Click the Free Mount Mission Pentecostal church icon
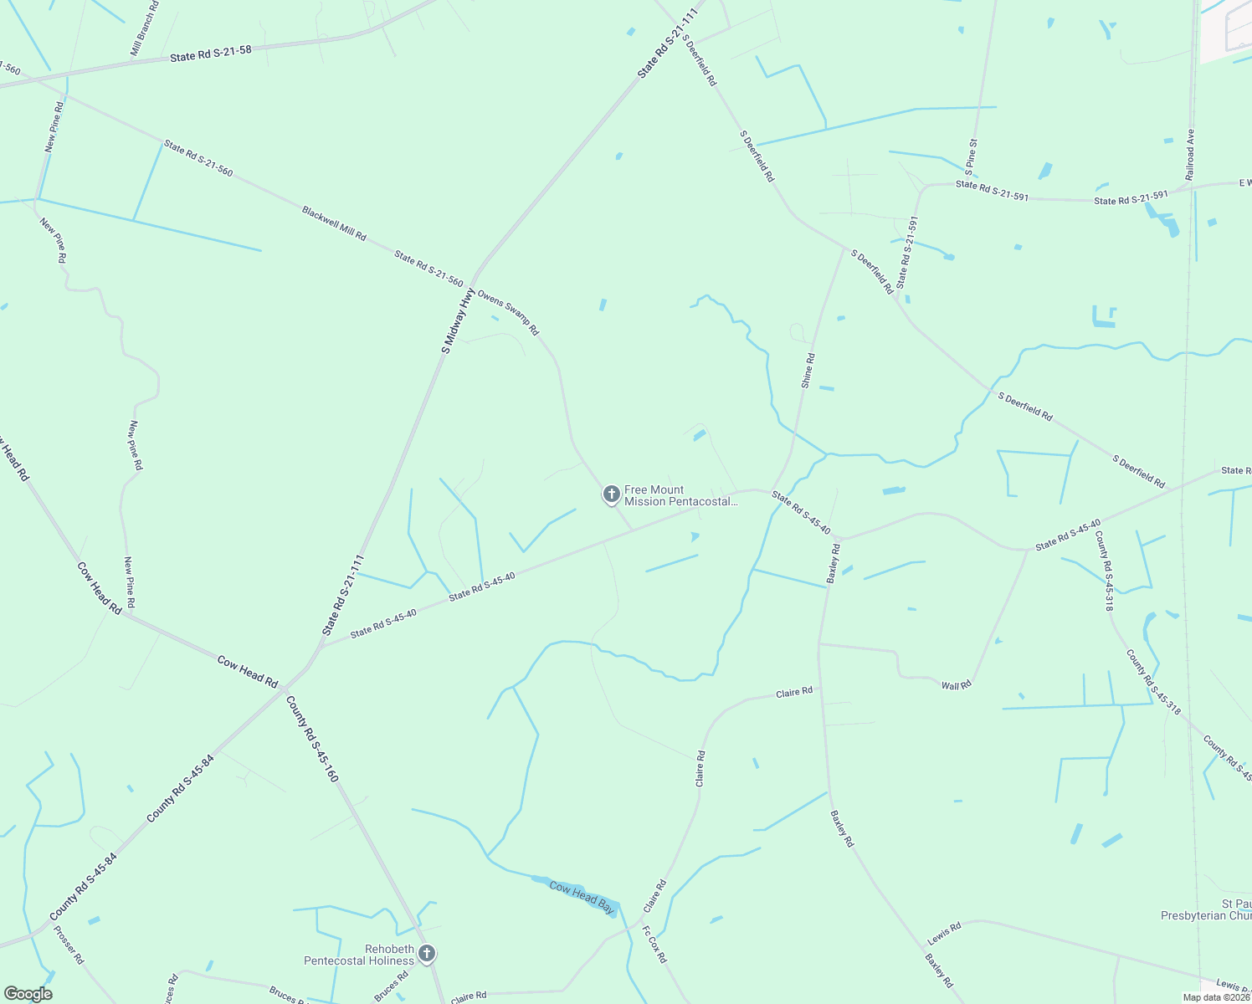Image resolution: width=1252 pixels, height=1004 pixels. click(612, 494)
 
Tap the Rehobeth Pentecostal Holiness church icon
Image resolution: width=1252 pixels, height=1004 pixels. click(427, 954)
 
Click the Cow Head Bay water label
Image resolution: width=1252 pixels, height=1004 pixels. click(582, 896)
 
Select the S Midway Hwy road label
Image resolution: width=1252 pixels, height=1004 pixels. click(459, 321)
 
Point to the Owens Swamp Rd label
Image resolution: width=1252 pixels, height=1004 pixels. click(508, 311)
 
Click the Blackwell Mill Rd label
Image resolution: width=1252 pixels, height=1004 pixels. click(334, 223)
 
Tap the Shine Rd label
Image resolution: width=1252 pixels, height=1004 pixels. click(808, 371)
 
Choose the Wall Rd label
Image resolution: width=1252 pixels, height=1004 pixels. click(956, 685)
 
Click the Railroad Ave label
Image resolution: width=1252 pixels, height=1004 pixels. click(1190, 154)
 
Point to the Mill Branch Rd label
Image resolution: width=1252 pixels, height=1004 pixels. click(144, 29)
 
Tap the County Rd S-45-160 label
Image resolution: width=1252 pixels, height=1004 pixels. click(312, 739)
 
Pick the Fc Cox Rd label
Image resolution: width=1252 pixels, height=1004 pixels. click(654, 944)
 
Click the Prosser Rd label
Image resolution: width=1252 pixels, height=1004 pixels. click(69, 945)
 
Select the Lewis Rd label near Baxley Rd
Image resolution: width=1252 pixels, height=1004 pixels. click(944, 935)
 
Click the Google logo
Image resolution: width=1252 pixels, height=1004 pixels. click(28, 994)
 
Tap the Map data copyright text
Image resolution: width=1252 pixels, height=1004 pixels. click(1215, 997)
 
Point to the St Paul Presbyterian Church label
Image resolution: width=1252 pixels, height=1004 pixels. click(1206, 910)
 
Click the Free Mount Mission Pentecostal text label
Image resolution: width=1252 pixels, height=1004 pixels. click(681, 496)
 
